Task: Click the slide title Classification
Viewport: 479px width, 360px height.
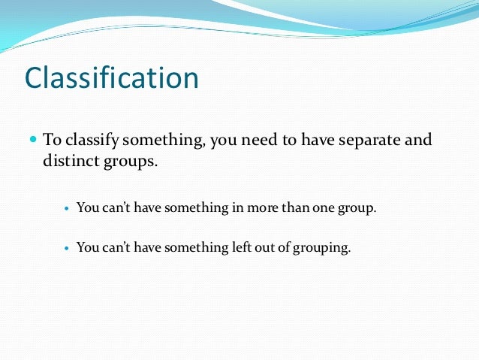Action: click(x=112, y=78)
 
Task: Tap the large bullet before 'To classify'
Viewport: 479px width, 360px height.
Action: click(x=33, y=140)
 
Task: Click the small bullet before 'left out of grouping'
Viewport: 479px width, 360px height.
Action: click(x=67, y=247)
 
